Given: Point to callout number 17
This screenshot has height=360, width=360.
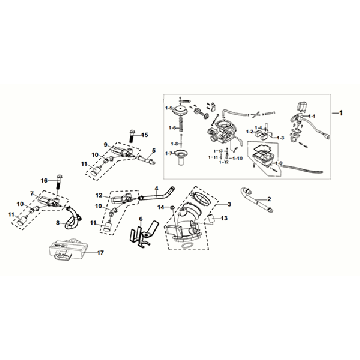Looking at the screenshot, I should tap(101, 254).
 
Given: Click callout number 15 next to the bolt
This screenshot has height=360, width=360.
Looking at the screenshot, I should tap(143, 135).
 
